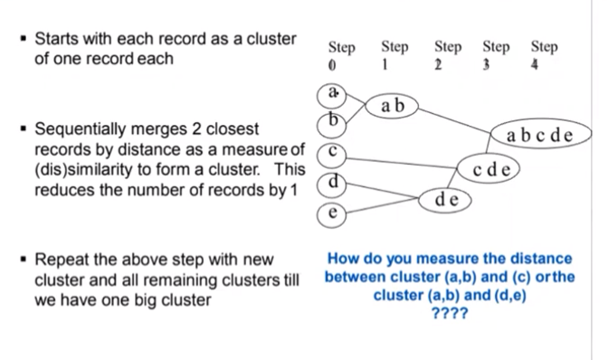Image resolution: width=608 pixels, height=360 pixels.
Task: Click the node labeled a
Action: point(332,94)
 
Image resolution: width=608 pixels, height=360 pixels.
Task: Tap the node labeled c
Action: point(332,153)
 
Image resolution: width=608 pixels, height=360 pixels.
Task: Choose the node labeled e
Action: point(332,213)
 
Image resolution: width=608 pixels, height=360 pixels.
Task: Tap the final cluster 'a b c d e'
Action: point(540,136)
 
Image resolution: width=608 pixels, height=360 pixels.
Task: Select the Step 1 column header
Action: point(394,55)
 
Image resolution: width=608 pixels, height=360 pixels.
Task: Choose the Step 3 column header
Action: point(496,55)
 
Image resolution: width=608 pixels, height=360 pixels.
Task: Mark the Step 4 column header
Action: point(544,55)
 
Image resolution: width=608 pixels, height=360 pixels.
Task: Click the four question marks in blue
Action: point(450,313)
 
